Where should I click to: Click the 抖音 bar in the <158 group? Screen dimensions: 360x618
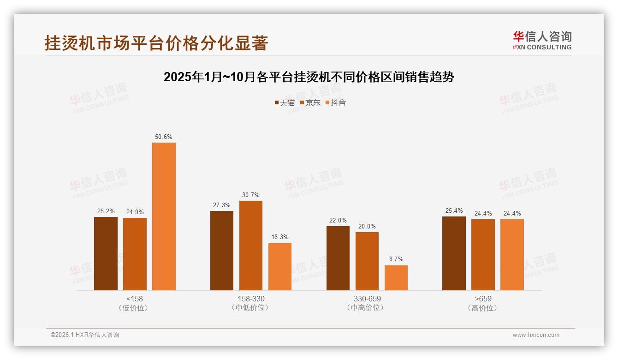[x=164, y=216]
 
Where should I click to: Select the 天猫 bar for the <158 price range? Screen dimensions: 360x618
[x=106, y=253]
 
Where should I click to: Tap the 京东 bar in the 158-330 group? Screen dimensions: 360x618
[x=250, y=246]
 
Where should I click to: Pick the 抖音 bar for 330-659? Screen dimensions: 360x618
[x=396, y=278]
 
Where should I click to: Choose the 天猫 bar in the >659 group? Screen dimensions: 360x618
[x=454, y=253]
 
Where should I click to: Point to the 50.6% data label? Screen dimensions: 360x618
[x=164, y=137]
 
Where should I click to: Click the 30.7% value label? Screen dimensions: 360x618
[x=250, y=195]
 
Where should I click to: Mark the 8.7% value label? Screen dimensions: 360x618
[x=396, y=259]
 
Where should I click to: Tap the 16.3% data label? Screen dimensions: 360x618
[x=280, y=237]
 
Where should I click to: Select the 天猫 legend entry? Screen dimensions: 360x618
[x=285, y=103]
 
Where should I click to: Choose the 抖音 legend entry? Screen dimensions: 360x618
[x=336, y=103]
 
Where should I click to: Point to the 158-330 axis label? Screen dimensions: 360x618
[x=251, y=299]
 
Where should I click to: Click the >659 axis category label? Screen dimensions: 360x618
[x=482, y=299]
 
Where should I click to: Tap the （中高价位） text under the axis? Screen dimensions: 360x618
[x=367, y=308]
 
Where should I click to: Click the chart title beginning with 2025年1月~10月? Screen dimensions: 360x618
[x=309, y=77]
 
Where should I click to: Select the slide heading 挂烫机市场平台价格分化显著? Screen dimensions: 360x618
[x=156, y=43]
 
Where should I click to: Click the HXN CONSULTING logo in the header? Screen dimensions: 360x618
[x=542, y=41]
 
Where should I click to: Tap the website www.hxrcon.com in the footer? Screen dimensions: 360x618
[x=536, y=335]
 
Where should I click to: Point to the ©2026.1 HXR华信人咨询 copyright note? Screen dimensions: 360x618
[x=85, y=335]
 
